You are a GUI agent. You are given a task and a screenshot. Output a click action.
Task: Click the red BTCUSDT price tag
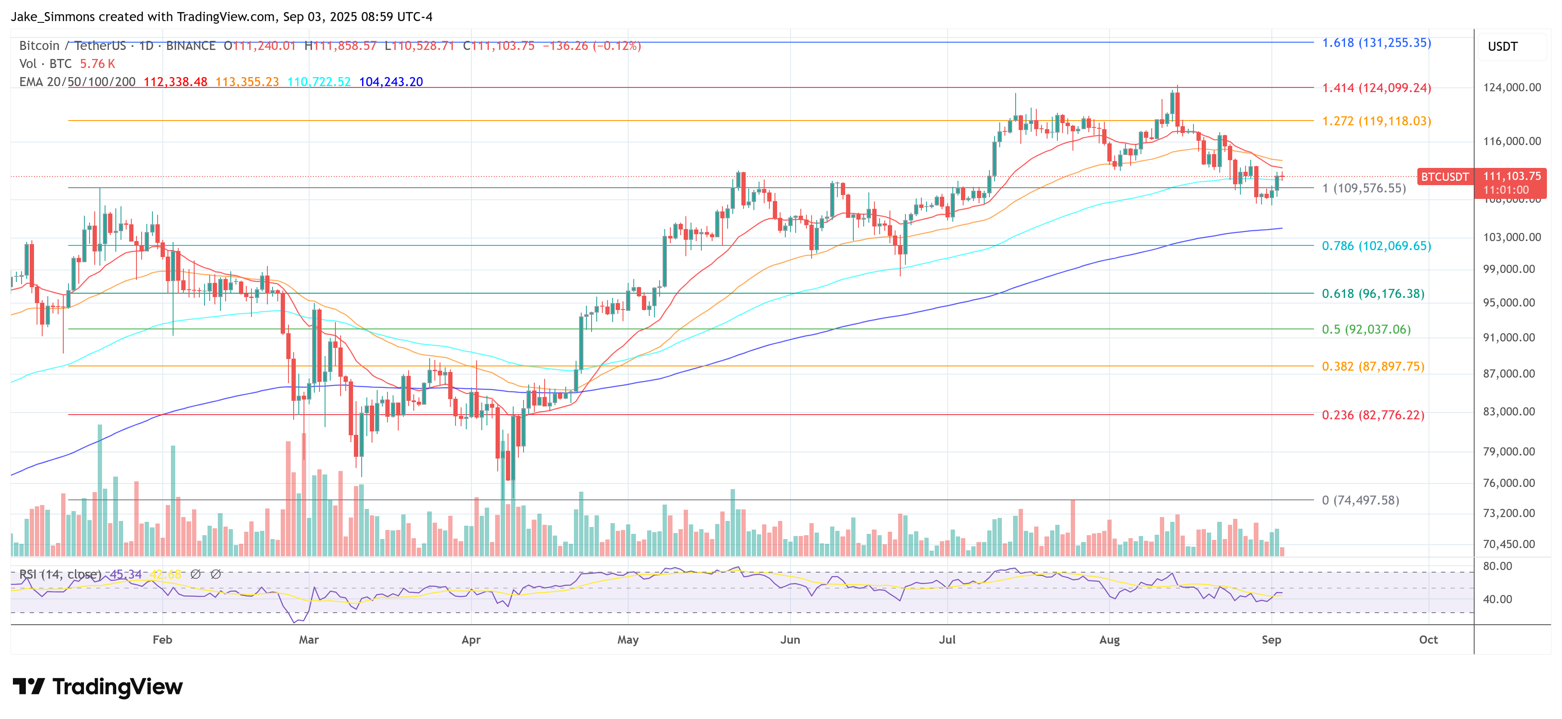point(1444,177)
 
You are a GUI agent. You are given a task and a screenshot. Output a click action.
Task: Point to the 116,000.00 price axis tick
point(1511,141)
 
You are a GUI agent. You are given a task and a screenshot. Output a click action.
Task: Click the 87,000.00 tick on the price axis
point(1511,373)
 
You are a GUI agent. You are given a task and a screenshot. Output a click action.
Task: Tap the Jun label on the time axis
point(790,640)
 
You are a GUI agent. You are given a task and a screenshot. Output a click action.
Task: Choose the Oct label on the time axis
point(1428,640)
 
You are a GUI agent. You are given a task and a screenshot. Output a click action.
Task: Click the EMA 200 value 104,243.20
point(390,82)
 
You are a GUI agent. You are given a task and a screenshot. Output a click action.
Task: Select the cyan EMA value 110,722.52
point(319,82)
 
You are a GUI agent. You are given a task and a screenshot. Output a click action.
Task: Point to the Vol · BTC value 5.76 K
point(97,64)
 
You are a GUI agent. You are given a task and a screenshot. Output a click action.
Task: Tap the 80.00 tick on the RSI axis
point(1497,566)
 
